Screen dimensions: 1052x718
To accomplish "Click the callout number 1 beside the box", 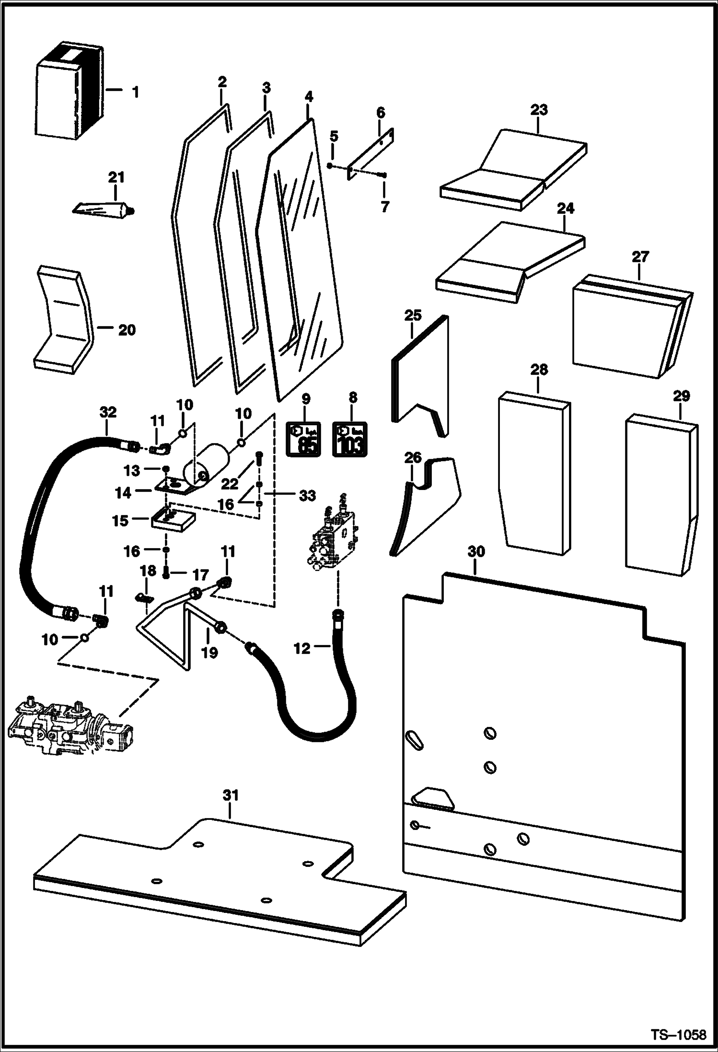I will click(136, 92).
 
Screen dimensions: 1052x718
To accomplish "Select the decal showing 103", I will click(350, 439).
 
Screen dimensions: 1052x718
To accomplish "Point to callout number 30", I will click(476, 552).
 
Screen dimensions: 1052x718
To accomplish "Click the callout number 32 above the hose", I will click(108, 412).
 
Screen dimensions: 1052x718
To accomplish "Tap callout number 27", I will click(640, 257).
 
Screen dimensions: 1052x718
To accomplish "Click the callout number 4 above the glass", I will click(308, 97).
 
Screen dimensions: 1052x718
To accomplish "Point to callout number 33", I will click(307, 496).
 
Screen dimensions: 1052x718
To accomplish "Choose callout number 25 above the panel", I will click(413, 315).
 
